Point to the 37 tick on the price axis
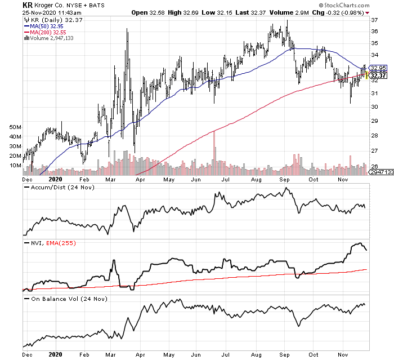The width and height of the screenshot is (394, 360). [373, 20]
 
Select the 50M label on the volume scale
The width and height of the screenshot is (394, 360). [15, 128]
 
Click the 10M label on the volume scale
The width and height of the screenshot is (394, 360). [15, 166]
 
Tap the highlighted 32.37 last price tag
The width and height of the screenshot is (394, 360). [378, 76]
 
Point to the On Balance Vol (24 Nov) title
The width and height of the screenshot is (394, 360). [62, 298]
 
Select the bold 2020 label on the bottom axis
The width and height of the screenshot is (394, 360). [55, 355]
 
